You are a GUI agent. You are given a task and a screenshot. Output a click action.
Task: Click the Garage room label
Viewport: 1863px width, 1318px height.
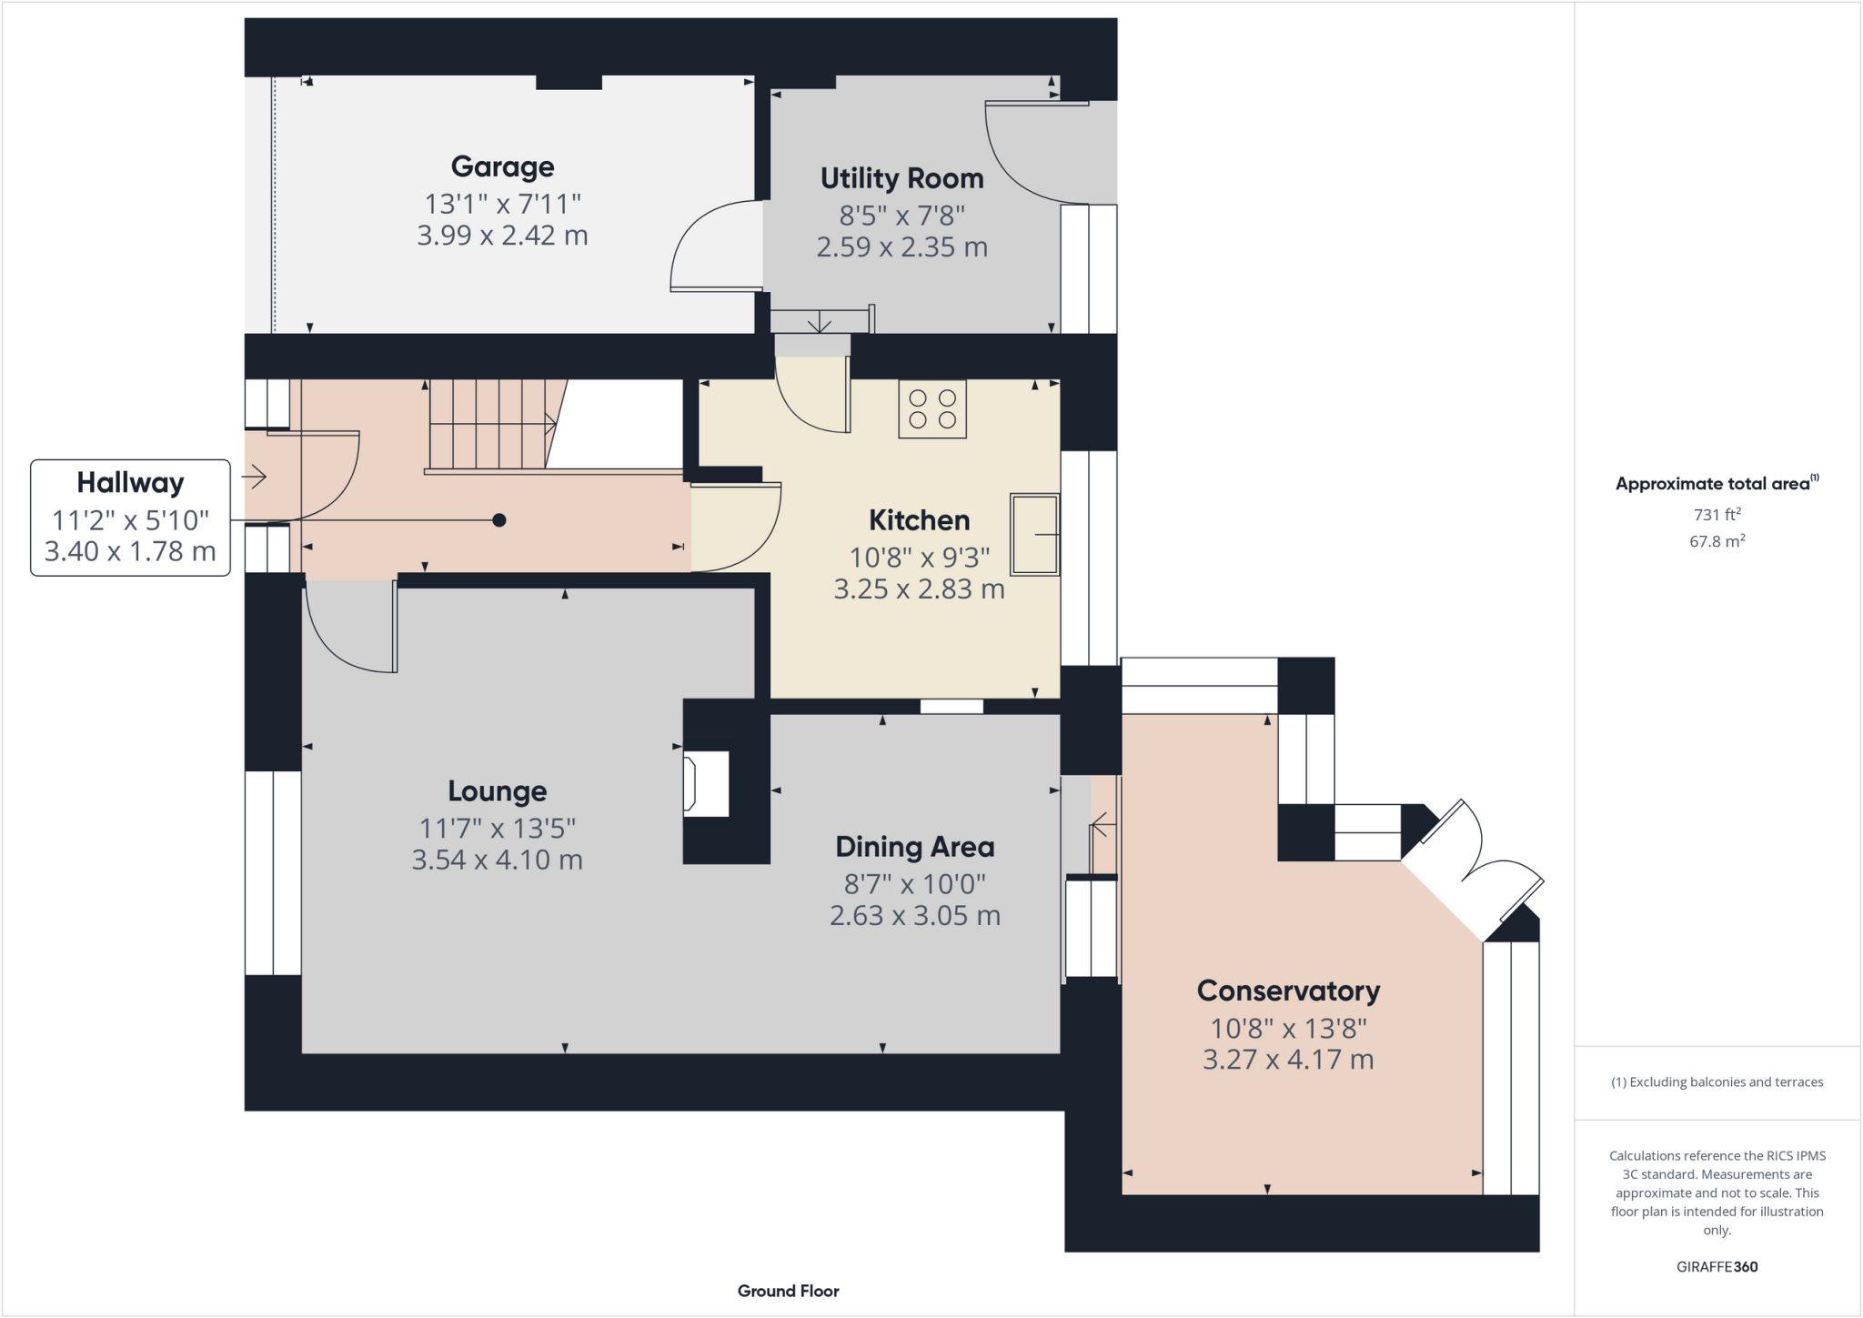(502, 166)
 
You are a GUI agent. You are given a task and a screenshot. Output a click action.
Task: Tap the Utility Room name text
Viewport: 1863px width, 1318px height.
(901, 178)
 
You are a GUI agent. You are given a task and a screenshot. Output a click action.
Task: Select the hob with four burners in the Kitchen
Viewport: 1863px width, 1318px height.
(932, 409)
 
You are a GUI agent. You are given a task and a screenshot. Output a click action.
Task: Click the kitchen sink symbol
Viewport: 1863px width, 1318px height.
(1034, 535)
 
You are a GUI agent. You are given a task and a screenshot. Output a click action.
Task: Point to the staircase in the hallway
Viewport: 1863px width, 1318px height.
(491, 424)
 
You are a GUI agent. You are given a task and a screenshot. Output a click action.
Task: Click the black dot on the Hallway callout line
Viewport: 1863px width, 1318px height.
(498, 520)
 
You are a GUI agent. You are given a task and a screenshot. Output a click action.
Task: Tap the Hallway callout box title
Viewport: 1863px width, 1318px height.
(130, 482)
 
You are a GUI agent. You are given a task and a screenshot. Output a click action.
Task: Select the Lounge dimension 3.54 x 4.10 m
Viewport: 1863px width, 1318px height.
(497, 860)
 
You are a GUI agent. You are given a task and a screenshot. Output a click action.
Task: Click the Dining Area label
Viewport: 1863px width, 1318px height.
(914, 847)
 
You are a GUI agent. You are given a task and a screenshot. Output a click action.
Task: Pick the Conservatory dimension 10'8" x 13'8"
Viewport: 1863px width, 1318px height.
(1288, 1028)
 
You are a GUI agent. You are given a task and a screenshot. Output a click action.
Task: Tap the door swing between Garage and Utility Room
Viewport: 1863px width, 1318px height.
(714, 247)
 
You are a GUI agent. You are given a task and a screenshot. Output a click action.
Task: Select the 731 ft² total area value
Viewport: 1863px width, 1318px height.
(1717, 515)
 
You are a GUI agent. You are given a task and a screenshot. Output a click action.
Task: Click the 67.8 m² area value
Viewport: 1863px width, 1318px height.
(1717, 541)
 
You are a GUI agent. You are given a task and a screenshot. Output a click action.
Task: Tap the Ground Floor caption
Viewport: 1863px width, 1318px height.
(788, 1291)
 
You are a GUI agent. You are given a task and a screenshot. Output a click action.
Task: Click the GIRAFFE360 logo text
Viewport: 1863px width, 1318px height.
(1717, 1266)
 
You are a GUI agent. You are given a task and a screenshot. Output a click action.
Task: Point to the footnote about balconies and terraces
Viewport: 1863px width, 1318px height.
(1717, 1082)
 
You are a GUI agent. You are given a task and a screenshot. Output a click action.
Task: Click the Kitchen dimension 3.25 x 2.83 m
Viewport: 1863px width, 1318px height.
(919, 589)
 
